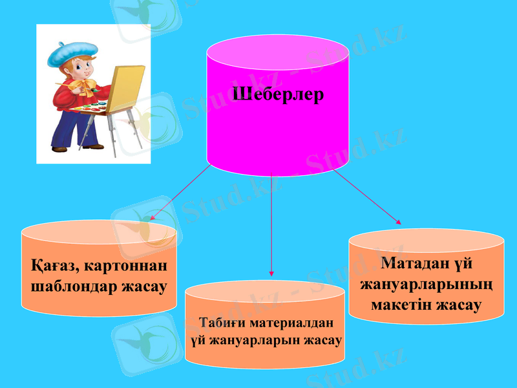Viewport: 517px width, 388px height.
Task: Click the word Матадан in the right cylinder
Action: coord(411,264)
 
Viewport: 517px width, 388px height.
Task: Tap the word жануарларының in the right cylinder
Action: coord(426,285)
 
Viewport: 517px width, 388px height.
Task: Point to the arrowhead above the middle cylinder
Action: coord(271,273)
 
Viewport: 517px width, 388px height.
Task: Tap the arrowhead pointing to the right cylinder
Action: coord(398,222)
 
